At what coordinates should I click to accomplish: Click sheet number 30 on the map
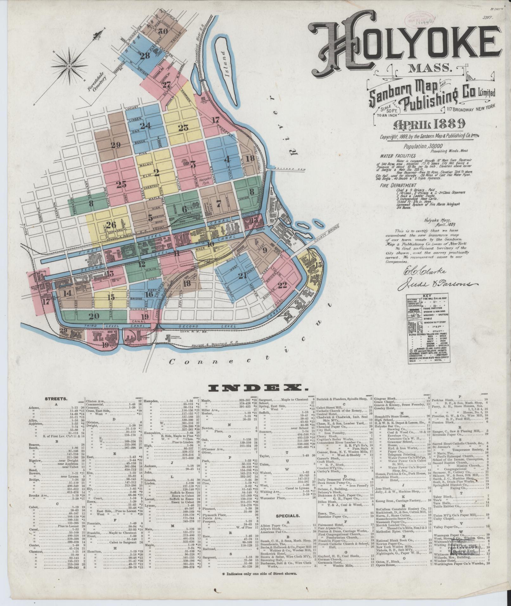click(163, 31)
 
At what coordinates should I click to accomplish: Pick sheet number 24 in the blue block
click(145, 126)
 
